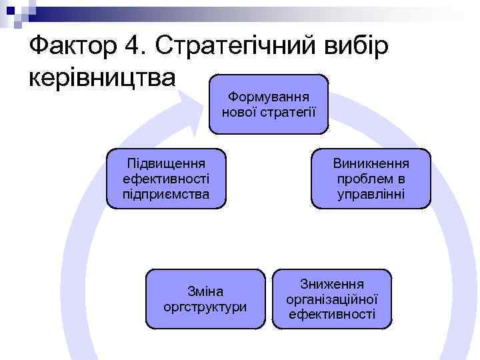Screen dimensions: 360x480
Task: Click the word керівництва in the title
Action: [x=102, y=77]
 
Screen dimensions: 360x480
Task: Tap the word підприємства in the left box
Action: [x=166, y=194]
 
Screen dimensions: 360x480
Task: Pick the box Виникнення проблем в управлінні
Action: [x=371, y=179]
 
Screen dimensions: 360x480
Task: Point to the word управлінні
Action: [x=371, y=194]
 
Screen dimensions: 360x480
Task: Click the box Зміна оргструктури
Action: [x=205, y=299]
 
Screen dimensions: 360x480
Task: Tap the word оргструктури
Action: [x=205, y=307]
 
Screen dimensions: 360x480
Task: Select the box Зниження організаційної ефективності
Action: [x=332, y=299]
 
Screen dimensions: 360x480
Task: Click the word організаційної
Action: [x=332, y=299]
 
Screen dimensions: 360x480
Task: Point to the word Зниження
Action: [x=332, y=285]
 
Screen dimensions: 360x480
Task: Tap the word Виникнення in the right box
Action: [x=371, y=164]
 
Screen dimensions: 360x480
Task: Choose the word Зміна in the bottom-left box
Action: [x=205, y=292]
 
